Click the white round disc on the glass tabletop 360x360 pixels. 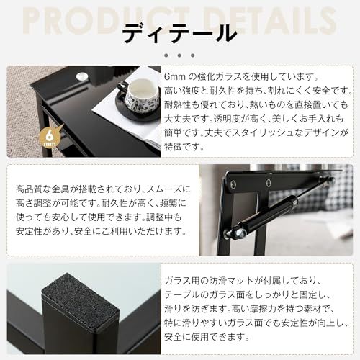(83, 73)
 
